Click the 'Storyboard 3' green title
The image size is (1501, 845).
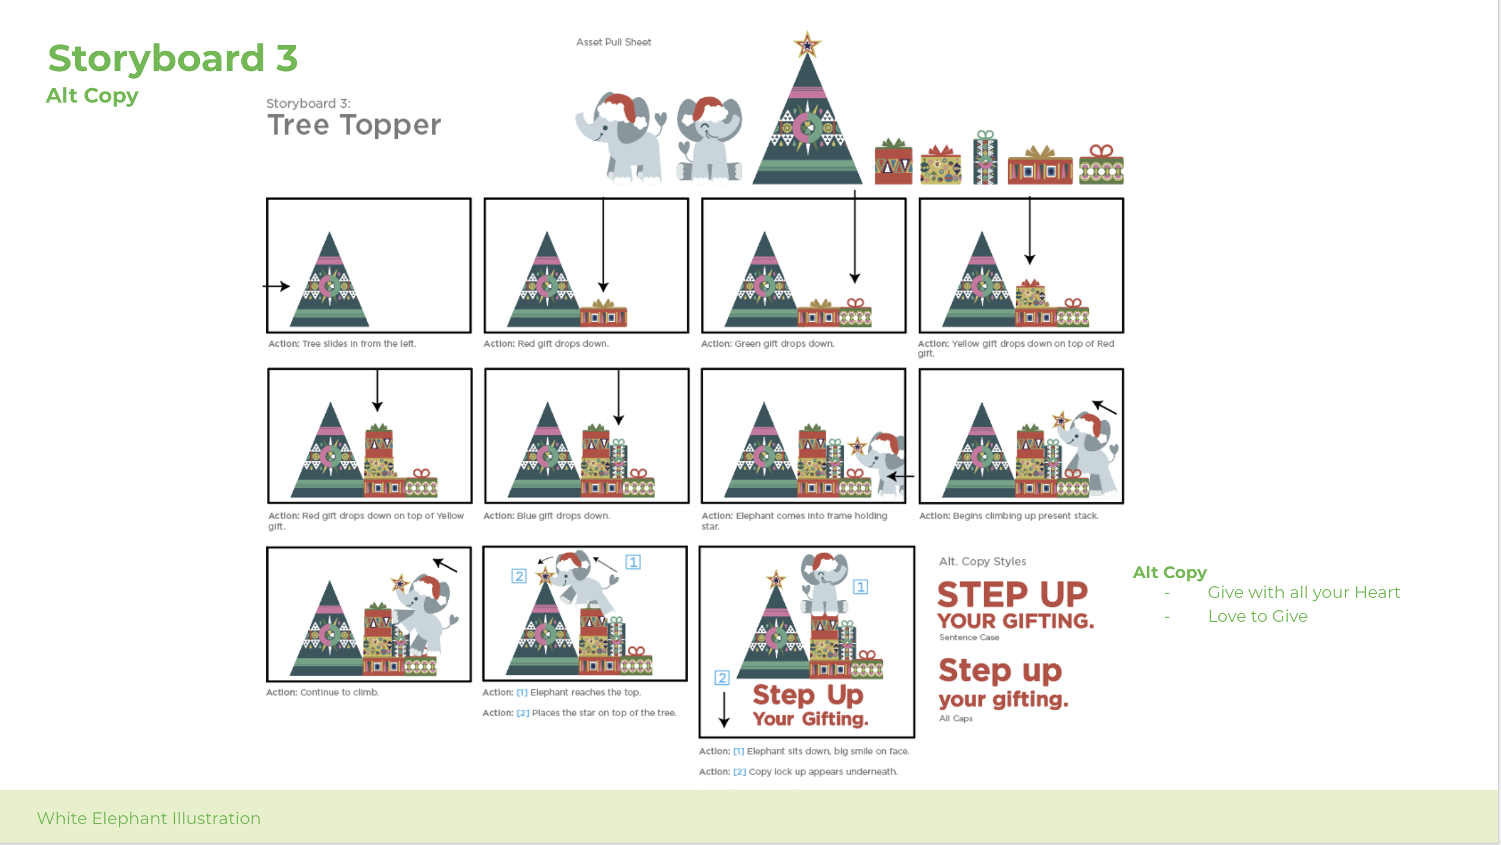click(x=173, y=58)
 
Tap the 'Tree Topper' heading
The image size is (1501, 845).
click(x=354, y=125)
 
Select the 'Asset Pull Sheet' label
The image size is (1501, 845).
click(x=614, y=42)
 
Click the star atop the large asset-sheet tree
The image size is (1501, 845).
click(x=807, y=44)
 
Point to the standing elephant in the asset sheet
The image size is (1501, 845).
click(x=620, y=138)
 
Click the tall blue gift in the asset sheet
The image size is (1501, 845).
click(x=985, y=157)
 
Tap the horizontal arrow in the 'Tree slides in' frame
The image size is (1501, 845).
click(x=276, y=286)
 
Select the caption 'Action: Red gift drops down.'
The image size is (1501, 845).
click(x=546, y=344)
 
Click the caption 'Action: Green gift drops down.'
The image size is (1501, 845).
click(x=767, y=344)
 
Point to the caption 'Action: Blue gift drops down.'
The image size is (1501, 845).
click(x=547, y=516)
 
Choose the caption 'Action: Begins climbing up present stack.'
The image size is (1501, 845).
click(x=1009, y=516)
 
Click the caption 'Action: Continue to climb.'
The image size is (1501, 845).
click(x=322, y=692)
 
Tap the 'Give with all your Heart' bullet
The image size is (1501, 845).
click(x=1303, y=592)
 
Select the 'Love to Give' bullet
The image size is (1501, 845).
click(x=1257, y=616)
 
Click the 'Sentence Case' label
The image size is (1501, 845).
click(x=969, y=638)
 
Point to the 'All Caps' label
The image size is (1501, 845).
click(x=956, y=719)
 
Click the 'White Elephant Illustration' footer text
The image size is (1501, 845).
click(x=149, y=818)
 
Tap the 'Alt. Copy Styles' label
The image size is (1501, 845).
click(x=982, y=561)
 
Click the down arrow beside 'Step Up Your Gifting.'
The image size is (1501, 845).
click(x=724, y=710)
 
